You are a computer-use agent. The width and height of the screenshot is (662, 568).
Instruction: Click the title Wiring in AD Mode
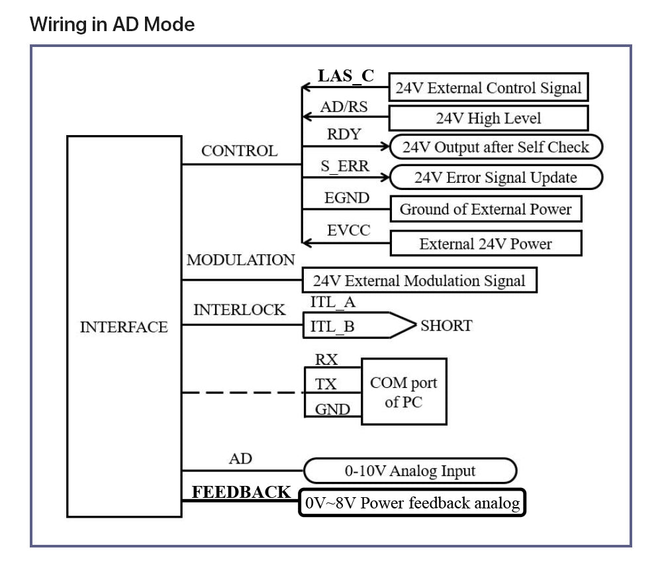coord(113,25)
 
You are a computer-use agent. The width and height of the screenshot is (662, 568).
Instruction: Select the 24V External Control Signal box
coord(488,87)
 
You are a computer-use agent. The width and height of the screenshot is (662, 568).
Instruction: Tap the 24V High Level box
coord(488,118)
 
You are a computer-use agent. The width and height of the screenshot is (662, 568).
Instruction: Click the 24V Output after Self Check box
coord(495,147)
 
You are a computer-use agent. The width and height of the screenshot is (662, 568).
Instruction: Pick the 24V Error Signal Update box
coord(495,177)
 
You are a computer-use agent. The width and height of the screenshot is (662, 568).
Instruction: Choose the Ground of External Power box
coord(485,209)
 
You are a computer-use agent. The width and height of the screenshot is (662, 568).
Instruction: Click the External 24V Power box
coord(485,244)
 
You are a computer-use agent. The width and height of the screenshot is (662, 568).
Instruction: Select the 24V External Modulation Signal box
coord(419,280)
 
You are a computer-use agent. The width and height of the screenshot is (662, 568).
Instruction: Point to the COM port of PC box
coord(403,392)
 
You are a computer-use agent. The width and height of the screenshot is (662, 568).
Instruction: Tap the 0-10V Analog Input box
coord(410,471)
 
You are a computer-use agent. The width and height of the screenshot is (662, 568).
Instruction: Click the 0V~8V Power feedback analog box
coord(412,503)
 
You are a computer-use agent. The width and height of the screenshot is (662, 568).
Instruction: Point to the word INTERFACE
coord(124,327)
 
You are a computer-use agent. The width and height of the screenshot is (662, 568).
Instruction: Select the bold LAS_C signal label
coord(346,75)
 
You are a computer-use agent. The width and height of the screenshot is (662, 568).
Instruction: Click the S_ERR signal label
coord(345,166)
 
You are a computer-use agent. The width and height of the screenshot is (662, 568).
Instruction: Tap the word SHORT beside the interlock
coord(446,326)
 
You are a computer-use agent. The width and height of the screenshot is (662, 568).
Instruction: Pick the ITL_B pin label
coord(332,326)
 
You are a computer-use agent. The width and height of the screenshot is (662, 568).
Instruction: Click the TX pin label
coord(326,384)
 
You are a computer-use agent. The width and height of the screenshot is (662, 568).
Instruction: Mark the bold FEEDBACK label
coord(241,492)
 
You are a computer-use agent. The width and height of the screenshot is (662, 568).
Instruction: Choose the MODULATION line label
coord(240,260)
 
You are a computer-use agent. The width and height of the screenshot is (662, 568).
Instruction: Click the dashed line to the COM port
coord(242,393)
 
